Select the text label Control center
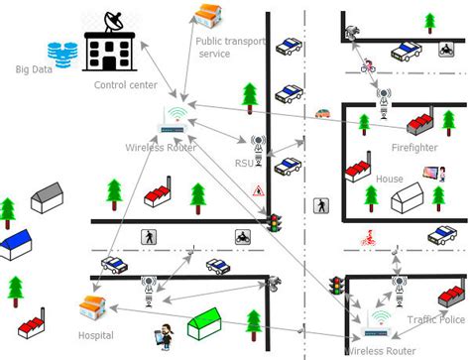125,85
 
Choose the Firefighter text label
413,149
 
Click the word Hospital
96,336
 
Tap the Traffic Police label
435,320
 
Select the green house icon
204,322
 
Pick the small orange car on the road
322,112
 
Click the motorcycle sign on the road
240,237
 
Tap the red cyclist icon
367,238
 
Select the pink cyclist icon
369,67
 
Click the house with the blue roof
17,243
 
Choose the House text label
389,180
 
